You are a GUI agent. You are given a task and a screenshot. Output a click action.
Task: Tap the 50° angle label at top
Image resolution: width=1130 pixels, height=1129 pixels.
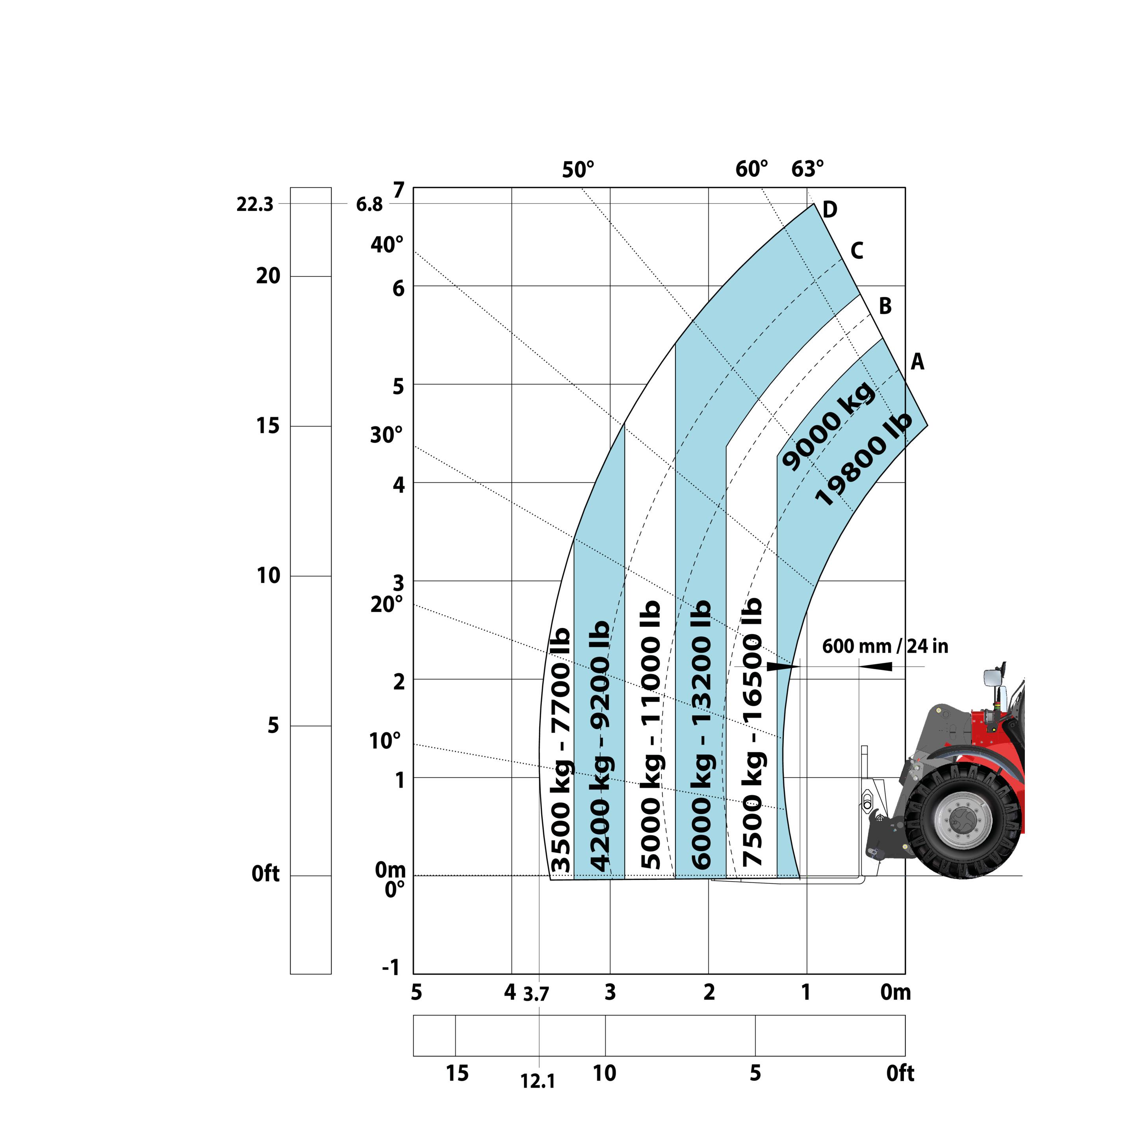[578, 170]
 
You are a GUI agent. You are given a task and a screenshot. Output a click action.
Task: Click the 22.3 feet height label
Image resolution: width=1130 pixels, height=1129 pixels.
[254, 205]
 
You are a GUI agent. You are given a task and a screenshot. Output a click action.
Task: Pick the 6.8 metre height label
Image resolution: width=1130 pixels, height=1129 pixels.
[369, 205]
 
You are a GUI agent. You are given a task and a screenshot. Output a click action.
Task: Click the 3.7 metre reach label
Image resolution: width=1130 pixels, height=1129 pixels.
[536, 994]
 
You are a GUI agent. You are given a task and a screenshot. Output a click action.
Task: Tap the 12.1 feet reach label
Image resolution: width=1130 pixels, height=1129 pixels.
[538, 1082]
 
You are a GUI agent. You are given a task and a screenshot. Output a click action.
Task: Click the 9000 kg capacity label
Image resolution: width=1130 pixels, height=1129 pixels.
[828, 425]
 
